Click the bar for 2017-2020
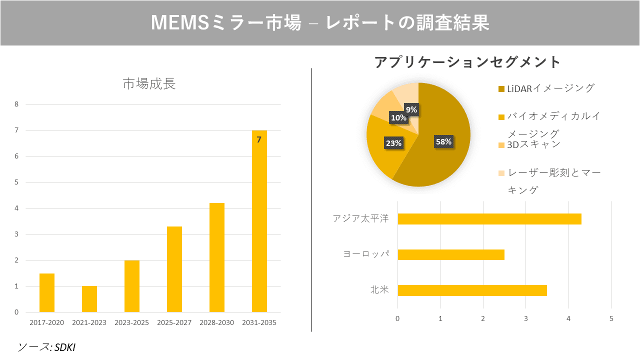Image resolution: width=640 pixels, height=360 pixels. point(47,292)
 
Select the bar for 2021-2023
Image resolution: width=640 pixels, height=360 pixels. point(89,299)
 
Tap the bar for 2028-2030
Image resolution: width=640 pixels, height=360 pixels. point(217,257)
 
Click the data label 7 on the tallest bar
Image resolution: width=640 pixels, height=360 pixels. point(259,139)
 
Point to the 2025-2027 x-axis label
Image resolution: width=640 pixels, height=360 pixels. point(174,322)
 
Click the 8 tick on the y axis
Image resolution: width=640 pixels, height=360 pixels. point(16,104)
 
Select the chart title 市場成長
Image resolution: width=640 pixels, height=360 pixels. point(149,84)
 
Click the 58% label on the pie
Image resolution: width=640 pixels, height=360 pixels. point(443,141)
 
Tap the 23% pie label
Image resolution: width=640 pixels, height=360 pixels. point(393,143)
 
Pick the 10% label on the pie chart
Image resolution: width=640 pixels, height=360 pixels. point(398,118)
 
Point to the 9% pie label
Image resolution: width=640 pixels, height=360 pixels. point(411,109)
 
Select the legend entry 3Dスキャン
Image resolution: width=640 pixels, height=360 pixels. point(533,144)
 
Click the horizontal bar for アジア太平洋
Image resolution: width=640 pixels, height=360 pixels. point(489,219)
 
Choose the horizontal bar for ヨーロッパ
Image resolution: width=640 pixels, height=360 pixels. point(450,254)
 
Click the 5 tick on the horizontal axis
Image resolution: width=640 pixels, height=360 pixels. point(611,318)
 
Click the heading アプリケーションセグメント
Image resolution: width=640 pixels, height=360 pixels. point(467,62)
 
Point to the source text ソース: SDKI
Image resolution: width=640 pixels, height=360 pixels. point(46,347)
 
